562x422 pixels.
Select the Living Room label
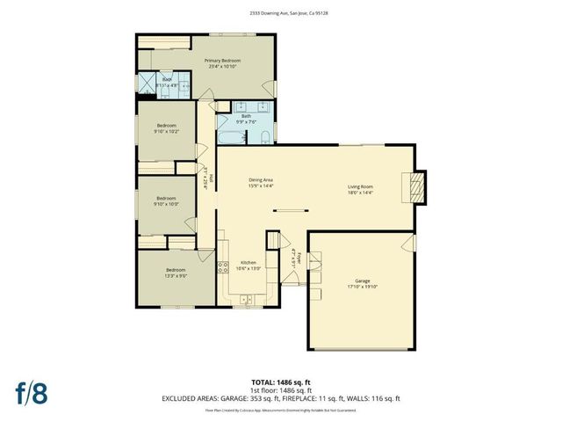(x=361, y=186)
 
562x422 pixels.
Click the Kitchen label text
(x=249, y=262)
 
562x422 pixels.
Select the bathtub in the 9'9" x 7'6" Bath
(x=229, y=137)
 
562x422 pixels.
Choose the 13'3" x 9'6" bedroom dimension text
(x=177, y=275)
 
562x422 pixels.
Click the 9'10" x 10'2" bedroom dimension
(x=167, y=131)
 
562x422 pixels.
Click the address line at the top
(x=282, y=13)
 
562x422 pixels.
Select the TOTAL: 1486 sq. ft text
(x=280, y=382)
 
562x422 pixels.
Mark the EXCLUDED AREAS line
(x=281, y=399)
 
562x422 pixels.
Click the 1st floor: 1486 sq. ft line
(x=281, y=390)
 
